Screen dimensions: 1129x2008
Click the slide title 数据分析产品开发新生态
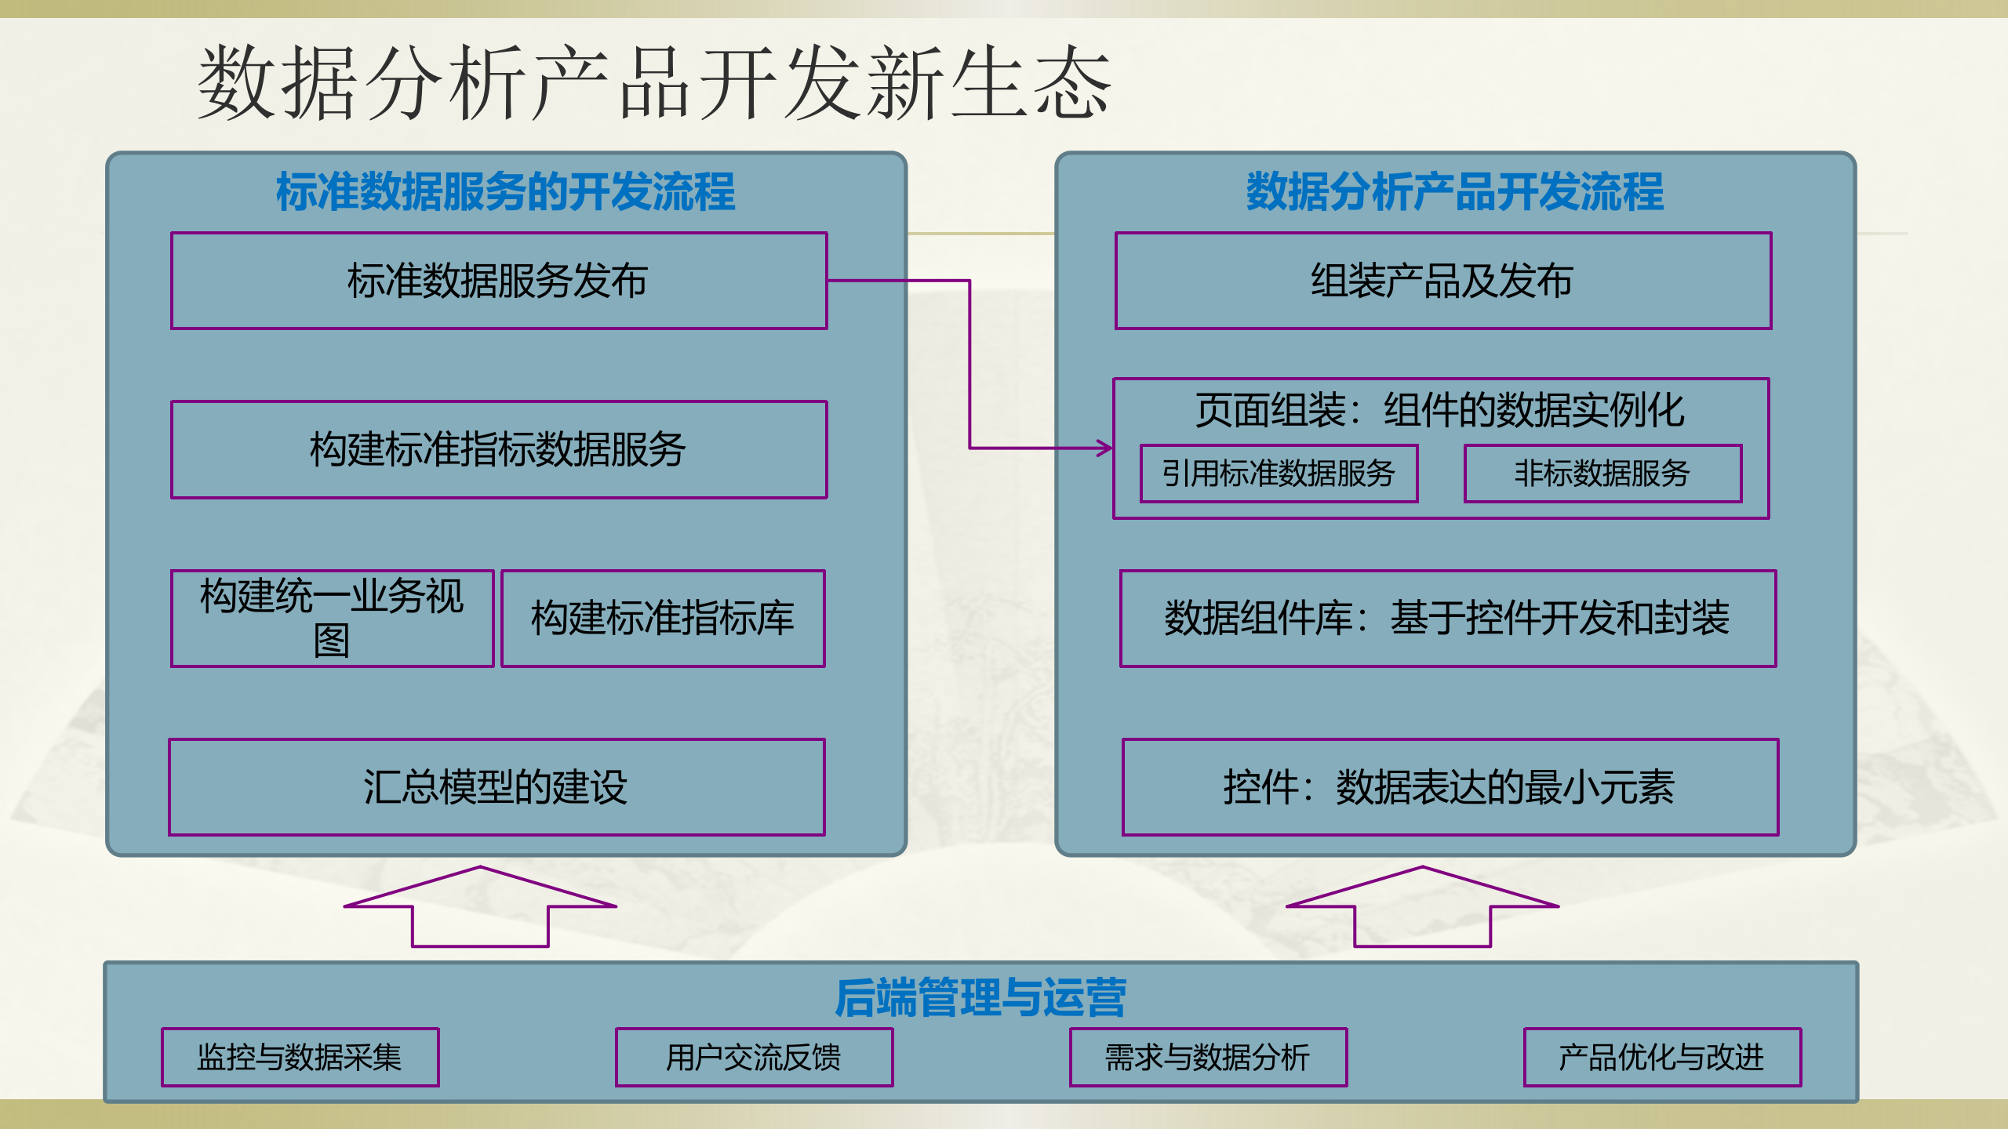653,83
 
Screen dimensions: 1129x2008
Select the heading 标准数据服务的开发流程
506,192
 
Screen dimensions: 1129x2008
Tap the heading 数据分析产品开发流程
1455,192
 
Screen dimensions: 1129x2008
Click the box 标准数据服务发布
499,281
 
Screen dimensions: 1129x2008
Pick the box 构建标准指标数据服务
499,449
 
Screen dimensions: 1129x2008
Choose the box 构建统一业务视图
332,619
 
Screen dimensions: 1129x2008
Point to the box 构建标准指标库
663,619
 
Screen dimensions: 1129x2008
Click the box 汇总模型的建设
497,787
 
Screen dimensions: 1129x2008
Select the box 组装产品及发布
1442,281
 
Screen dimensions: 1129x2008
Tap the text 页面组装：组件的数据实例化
1440,410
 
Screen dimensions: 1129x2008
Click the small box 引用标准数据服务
1279,474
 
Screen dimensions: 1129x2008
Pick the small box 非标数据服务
1602,474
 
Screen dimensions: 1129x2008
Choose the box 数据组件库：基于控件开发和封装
1447,619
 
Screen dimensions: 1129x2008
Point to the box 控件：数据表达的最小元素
1450,787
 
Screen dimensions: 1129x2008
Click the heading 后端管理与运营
980,998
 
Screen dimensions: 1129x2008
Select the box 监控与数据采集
300,1057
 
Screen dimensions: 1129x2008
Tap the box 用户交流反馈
754,1057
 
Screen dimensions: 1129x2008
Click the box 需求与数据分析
1208,1057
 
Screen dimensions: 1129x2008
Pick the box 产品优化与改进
1662,1057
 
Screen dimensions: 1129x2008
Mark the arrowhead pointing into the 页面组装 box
1106,448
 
